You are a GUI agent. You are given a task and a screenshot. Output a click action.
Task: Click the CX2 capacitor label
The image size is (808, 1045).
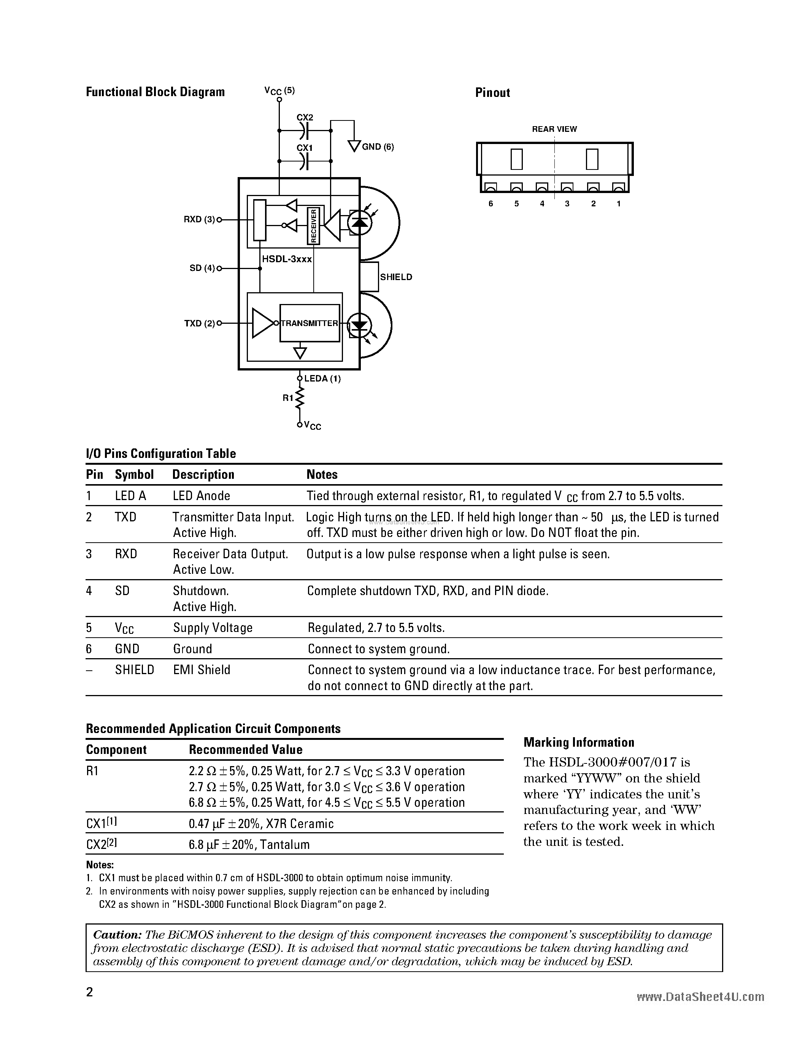coord(305,117)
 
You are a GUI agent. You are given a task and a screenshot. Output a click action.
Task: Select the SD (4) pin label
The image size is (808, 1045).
coord(202,268)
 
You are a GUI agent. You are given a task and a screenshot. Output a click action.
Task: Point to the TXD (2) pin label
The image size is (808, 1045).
coord(199,323)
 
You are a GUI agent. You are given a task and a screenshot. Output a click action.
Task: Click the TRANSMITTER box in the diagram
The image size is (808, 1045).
coord(310,323)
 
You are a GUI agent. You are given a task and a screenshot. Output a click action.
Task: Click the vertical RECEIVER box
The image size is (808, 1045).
coord(314,226)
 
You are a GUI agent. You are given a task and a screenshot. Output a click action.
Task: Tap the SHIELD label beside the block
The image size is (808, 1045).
coord(396,277)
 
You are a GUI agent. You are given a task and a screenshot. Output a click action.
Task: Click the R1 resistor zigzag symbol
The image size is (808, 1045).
coord(300,397)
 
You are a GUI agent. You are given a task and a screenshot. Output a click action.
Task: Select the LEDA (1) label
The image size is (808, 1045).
coord(322,378)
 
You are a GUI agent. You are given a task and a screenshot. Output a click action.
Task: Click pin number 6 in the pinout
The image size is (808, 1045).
coord(491,204)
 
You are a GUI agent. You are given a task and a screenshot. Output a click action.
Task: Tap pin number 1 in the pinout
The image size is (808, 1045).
coord(618,204)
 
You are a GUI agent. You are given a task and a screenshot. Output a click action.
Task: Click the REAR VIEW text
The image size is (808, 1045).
coord(554,129)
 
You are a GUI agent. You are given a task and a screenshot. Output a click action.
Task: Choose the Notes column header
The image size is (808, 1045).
coord(322,475)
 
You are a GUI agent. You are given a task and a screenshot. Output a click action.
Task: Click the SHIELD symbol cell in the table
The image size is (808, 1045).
coord(135,670)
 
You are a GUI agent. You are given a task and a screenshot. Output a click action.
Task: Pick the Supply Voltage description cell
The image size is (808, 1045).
coord(213,628)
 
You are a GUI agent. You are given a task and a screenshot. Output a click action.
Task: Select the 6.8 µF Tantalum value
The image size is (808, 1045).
coord(249,844)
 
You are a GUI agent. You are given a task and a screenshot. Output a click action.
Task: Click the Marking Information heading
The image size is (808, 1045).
coord(579,742)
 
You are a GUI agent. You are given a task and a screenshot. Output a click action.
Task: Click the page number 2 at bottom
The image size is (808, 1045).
coord(89,992)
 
